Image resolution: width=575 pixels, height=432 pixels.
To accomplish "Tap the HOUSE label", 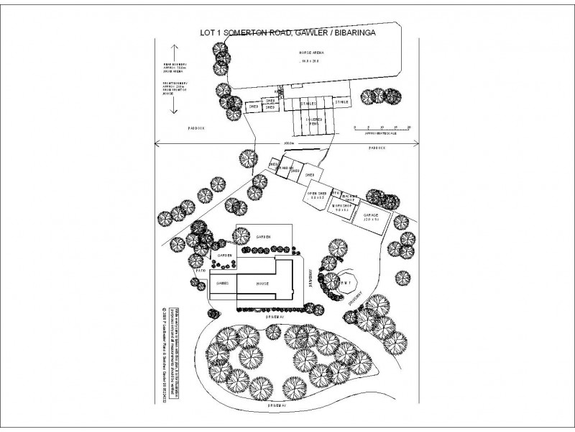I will [x=262, y=284].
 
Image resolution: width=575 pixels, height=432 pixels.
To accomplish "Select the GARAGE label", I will [x=370, y=215].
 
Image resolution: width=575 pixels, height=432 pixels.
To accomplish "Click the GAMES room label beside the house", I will [x=223, y=284].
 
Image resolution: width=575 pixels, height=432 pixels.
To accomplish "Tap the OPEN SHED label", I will [x=317, y=194].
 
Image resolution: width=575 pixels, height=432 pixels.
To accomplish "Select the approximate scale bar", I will [x=381, y=128].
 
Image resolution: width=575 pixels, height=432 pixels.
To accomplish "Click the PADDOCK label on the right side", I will [x=377, y=148].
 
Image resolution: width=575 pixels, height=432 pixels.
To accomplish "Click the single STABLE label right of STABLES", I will [x=342, y=102].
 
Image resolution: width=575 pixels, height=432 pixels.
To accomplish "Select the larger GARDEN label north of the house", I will [x=262, y=237].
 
